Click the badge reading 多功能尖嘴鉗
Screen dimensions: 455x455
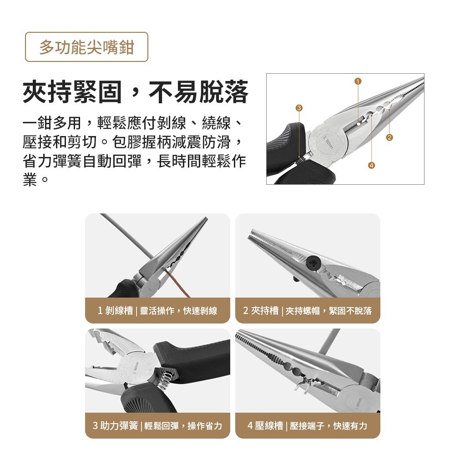click(x=86, y=47)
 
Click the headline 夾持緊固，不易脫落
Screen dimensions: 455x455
click(x=136, y=92)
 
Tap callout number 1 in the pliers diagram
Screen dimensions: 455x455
click(x=358, y=81)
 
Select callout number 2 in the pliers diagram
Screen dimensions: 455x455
click(x=389, y=137)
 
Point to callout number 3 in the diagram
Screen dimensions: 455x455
click(x=298, y=108)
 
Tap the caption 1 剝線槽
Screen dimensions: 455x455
click(x=116, y=311)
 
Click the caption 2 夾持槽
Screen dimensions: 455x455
click(x=261, y=311)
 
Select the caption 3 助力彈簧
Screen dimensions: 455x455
click(x=115, y=426)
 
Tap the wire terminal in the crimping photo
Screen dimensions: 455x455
click(x=300, y=387)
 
